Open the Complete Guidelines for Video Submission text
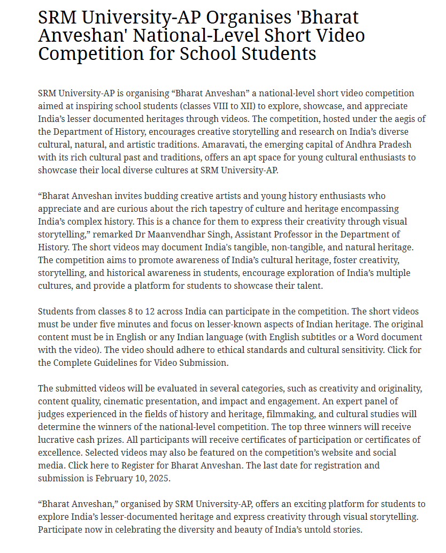point(140,363)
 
